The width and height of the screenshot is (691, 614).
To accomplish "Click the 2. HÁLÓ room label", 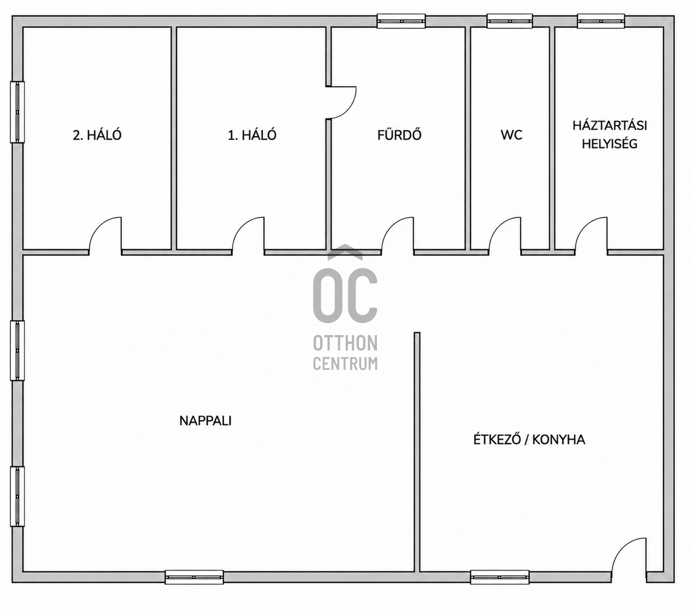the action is click(97, 136).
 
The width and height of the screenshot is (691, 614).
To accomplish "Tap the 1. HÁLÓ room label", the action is click(252, 136).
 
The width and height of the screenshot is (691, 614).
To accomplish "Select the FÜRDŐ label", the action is click(399, 135).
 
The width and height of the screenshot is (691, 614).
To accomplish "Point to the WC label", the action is click(511, 135).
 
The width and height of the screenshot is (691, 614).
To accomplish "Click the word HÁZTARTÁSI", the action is click(609, 125).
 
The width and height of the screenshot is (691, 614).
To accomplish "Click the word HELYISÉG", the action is click(609, 144).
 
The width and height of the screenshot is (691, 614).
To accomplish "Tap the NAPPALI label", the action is click(205, 421).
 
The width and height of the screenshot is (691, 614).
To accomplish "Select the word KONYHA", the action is click(559, 440).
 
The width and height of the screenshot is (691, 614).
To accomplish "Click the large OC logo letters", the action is click(345, 296).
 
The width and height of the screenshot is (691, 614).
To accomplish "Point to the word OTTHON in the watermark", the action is click(345, 343).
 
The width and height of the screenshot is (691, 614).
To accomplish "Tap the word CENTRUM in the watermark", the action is click(345, 364).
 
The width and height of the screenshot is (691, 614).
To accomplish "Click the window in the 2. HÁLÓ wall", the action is click(17, 112).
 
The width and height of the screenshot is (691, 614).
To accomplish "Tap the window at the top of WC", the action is click(509, 21).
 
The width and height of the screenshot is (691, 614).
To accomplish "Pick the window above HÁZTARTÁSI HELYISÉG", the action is click(601, 21).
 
